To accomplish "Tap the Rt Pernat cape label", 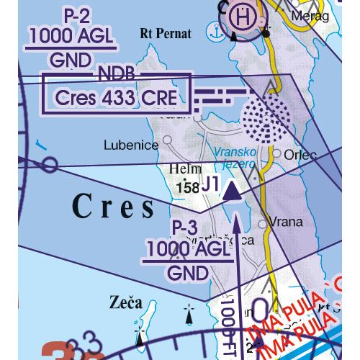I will pyautogui.click(x=166, y=32).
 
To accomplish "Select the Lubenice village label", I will pyautogui.click(x=131, y=145).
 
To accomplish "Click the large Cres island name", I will pyautogui.click(x=113, y=207).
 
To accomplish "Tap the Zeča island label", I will pyautogui.click(x=126, y=300).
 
